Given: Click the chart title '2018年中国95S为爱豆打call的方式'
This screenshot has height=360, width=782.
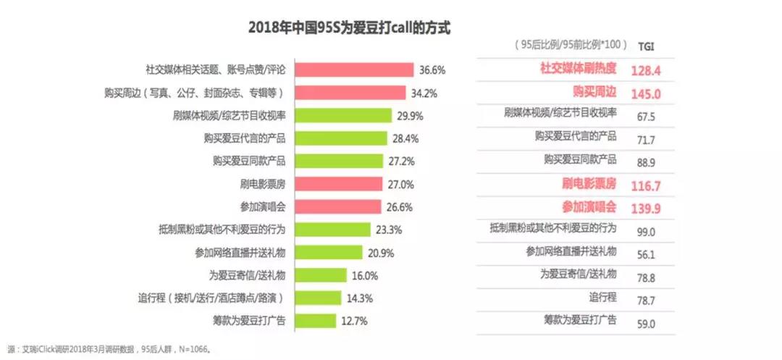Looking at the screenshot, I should tap(349, 28).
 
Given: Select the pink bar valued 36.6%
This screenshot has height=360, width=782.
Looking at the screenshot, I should tap(354, 70).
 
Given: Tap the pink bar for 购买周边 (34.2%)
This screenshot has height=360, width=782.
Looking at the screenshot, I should tap(350, 93).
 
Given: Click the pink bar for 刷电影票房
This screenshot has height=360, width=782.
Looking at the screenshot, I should tap(337, 184).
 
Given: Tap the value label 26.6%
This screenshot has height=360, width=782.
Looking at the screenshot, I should tap(399, 207).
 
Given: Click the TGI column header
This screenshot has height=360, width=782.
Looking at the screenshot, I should tap(647, 45).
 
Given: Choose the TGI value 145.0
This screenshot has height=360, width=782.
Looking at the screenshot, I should tap(647, 93).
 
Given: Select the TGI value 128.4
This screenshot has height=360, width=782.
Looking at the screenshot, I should tap(647, 70).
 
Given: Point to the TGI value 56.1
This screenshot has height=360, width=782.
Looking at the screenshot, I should tap(647, 252).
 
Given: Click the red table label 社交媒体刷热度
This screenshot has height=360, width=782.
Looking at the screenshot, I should tap(579, 69).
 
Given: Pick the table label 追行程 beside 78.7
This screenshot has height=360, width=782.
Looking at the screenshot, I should tap(602, 297).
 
